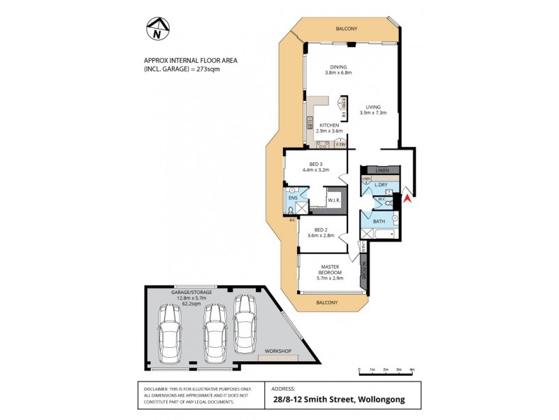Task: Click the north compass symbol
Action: tap(157, 29)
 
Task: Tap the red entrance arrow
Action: tap(408, 201)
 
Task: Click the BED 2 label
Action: tap(321, 230)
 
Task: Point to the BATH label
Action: tap(379, 222)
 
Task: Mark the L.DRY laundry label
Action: tap(382, 185)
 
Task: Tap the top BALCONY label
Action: tap(347, 29)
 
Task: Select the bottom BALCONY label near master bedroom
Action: tap(327, 302)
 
